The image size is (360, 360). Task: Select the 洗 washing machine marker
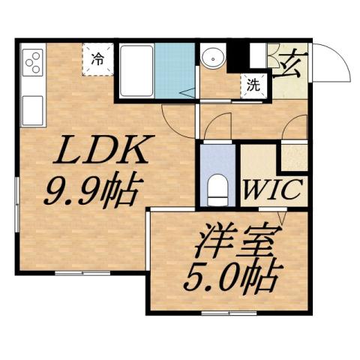coord(253,85)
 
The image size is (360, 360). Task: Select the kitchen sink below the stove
coord(33,109)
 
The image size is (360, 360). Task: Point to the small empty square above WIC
coord(292,155)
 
